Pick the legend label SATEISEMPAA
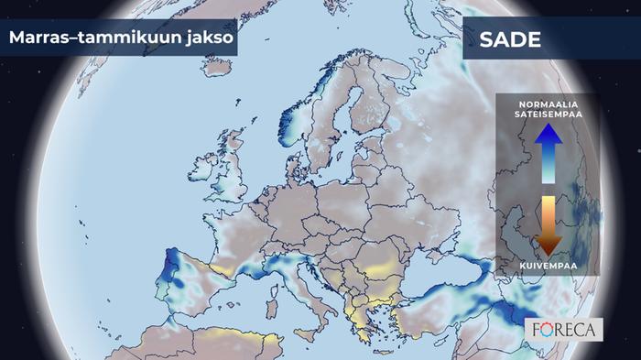point(548,116)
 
